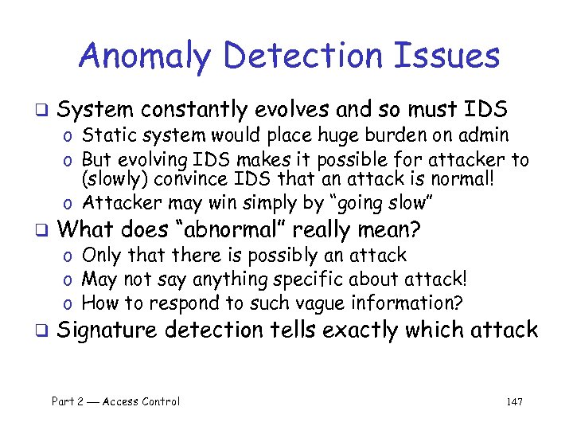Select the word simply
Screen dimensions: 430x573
pyautogui.click(x=244, y=204)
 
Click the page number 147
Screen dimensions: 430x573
pyautogui.click(x=514, y=402)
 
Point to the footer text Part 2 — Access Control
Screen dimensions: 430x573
pyautogui.click(x=115, y=402)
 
